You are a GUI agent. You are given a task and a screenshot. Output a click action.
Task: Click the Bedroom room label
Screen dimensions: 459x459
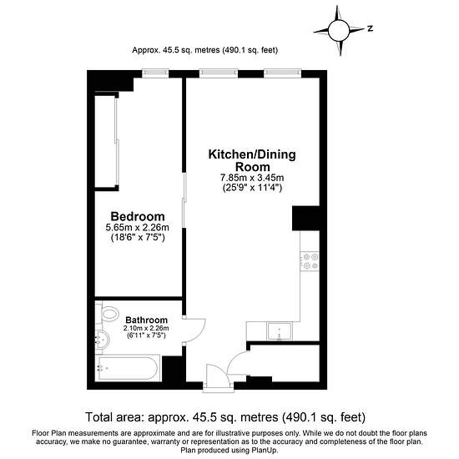click(138, 217)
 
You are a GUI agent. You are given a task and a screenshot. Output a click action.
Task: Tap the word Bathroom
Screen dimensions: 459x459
click(146, 320)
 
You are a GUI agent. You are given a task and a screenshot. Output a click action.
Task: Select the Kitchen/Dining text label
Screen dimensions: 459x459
click(252, 154)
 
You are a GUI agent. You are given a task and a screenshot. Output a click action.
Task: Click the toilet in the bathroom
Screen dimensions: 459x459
click(109, 314)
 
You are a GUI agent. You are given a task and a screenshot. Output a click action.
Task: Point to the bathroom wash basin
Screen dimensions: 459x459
click(102, 340)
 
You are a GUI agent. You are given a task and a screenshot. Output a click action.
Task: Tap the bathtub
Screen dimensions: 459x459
click(128, 368)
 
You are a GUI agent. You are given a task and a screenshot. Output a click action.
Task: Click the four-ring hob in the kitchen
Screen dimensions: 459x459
click(310, 261)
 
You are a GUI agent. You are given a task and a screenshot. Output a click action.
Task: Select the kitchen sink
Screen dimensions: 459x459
click(280, 331)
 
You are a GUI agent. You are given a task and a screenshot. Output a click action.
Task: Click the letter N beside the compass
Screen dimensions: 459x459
click(371, 28)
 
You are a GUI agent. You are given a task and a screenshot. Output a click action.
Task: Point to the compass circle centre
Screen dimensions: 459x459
click(339, 30)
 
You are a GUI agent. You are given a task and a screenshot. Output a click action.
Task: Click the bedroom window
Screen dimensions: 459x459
click(155, 73)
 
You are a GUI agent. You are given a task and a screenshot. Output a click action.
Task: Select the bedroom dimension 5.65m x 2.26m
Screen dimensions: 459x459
click(138, 228)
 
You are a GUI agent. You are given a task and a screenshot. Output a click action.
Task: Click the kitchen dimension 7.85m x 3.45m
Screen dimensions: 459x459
click(252, 178)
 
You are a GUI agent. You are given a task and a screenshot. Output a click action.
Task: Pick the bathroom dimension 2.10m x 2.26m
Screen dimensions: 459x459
click(146, 329)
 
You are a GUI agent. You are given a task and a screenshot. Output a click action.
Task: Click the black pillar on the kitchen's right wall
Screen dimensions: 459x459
click(305, 219)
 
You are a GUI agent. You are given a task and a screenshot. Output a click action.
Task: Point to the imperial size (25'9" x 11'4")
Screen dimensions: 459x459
click(252, 188)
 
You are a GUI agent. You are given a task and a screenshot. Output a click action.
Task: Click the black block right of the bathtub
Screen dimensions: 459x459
click(173, 369)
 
